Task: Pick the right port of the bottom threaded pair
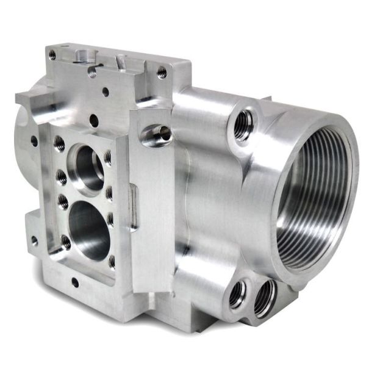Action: tap(265, 297)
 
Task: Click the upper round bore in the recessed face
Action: tap(87, 165)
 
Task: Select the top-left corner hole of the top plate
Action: tap(52, 55)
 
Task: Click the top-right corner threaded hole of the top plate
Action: tap(162, 72)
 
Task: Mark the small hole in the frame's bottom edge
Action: tap(74, 282)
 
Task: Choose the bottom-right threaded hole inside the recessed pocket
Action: tap(112, 261)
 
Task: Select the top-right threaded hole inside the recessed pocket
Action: tap(108, 157)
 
